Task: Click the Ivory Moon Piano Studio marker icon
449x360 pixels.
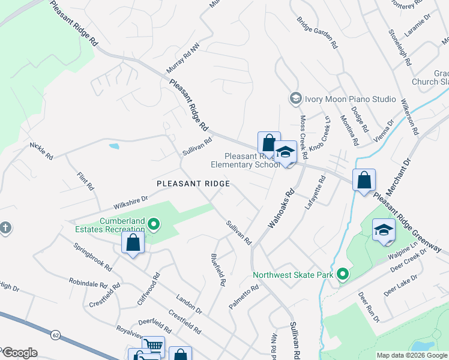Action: pyautogui.click(x=295, y=98)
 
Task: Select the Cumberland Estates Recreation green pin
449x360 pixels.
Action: pyautogui.click(x=154, y=226)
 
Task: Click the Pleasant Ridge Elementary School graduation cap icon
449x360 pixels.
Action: pyautogui.click(x=286, y=152)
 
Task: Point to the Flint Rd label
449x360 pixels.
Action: pyautogui.click(x=86, y=182)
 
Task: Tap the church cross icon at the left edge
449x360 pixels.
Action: pyautogui.click(x=5, y=228)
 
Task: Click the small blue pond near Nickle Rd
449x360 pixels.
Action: pyautogui.click(x=113, y=146)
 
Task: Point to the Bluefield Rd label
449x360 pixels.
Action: pyautogui.click(x=218, y=269)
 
